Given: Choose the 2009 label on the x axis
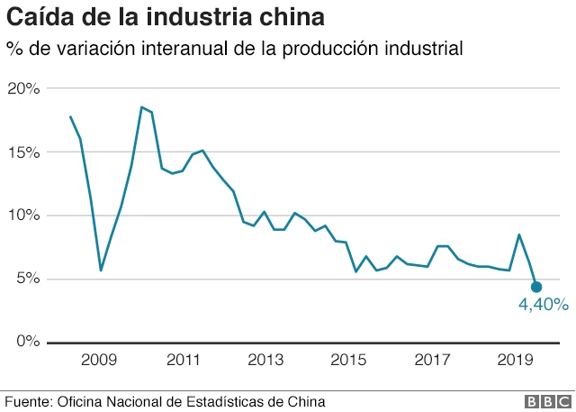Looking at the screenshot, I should [99, 361].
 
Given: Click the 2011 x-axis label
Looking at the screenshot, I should [183, 361].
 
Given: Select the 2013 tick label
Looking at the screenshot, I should [265, 361].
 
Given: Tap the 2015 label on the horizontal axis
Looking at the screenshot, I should [348, 361].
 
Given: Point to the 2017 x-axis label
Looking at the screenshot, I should [432, 361].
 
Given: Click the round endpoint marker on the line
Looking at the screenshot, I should [536, 287].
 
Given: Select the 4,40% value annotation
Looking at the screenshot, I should [543, 306].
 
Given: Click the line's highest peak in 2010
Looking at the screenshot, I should [141, 107].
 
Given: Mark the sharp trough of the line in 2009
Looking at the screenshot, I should [101, 270].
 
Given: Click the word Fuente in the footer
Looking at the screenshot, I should [28, 401].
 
